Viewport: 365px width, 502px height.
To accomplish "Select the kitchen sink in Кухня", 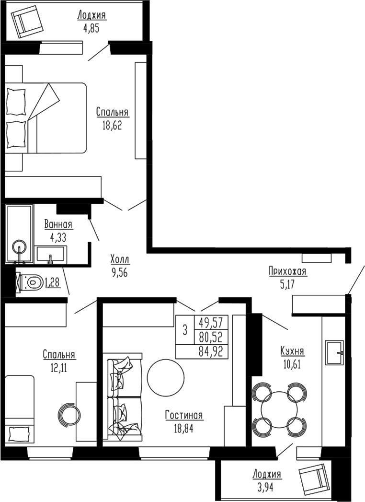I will click(x=335, y=352).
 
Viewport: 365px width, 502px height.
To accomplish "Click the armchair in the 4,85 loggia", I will click(x=27, y=23).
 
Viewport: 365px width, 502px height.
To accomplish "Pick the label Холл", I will click(x=120, y=259).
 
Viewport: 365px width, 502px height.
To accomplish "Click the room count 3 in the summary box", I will click(x=184, y=330).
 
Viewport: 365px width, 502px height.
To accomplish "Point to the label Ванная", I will click(x=58, y=224).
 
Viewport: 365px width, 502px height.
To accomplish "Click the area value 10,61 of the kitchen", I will click(x=292, y=362).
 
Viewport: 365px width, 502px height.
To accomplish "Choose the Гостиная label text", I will click(x=184, y=415).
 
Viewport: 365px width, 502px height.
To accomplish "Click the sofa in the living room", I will click(x=124, y=397).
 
